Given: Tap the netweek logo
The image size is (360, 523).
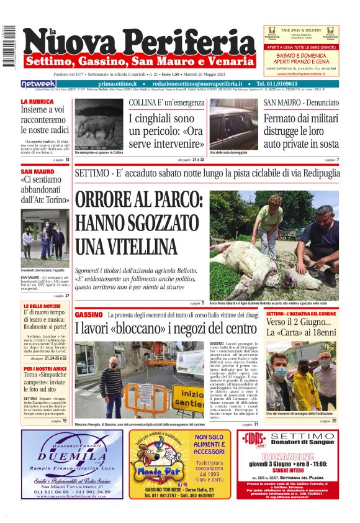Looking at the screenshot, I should point(38,83).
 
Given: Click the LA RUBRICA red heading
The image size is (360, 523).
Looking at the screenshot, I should point(37,101).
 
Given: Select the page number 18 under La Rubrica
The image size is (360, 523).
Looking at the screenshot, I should point(67,160).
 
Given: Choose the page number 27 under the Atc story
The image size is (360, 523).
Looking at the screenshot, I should point(67,296).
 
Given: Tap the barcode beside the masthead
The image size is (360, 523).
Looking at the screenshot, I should point(8,47).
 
